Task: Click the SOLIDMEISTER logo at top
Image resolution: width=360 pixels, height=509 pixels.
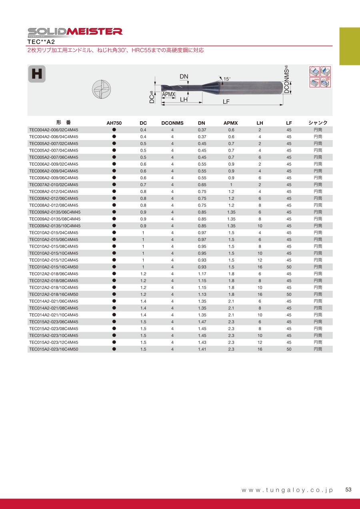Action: point(75,32)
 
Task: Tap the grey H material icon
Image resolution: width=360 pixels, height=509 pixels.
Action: point(36,74)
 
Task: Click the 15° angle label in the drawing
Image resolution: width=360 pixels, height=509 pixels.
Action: point(226,79)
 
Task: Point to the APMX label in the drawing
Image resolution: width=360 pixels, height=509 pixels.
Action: point(169,94)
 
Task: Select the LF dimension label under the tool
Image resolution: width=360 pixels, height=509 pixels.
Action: point(226,102)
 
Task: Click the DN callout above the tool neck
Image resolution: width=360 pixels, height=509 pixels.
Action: point(184,76)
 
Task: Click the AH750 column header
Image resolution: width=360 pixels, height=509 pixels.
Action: point(114,123)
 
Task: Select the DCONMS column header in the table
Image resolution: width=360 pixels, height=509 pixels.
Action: point(172,123)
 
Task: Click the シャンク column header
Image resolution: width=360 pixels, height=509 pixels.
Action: point(318,123)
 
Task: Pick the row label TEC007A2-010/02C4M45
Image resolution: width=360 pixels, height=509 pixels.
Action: point(54,185)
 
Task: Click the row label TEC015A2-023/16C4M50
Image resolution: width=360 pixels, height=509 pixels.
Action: point(54,349)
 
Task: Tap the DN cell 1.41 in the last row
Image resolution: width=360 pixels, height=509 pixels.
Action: point(202,349)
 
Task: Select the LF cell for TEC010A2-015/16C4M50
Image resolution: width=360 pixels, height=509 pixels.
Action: point(289,267)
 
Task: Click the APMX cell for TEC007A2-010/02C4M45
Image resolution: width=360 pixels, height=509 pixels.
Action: point(231,185)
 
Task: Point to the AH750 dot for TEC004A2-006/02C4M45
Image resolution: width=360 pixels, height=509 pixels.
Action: point(114,130)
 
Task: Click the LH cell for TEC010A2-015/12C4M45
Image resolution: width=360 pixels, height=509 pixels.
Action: point(260,260)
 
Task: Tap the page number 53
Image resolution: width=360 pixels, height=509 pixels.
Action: point(348,490)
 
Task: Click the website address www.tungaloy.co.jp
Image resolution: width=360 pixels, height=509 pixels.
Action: point(287,490)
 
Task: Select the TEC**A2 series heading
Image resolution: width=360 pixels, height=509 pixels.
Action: point(41,41)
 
